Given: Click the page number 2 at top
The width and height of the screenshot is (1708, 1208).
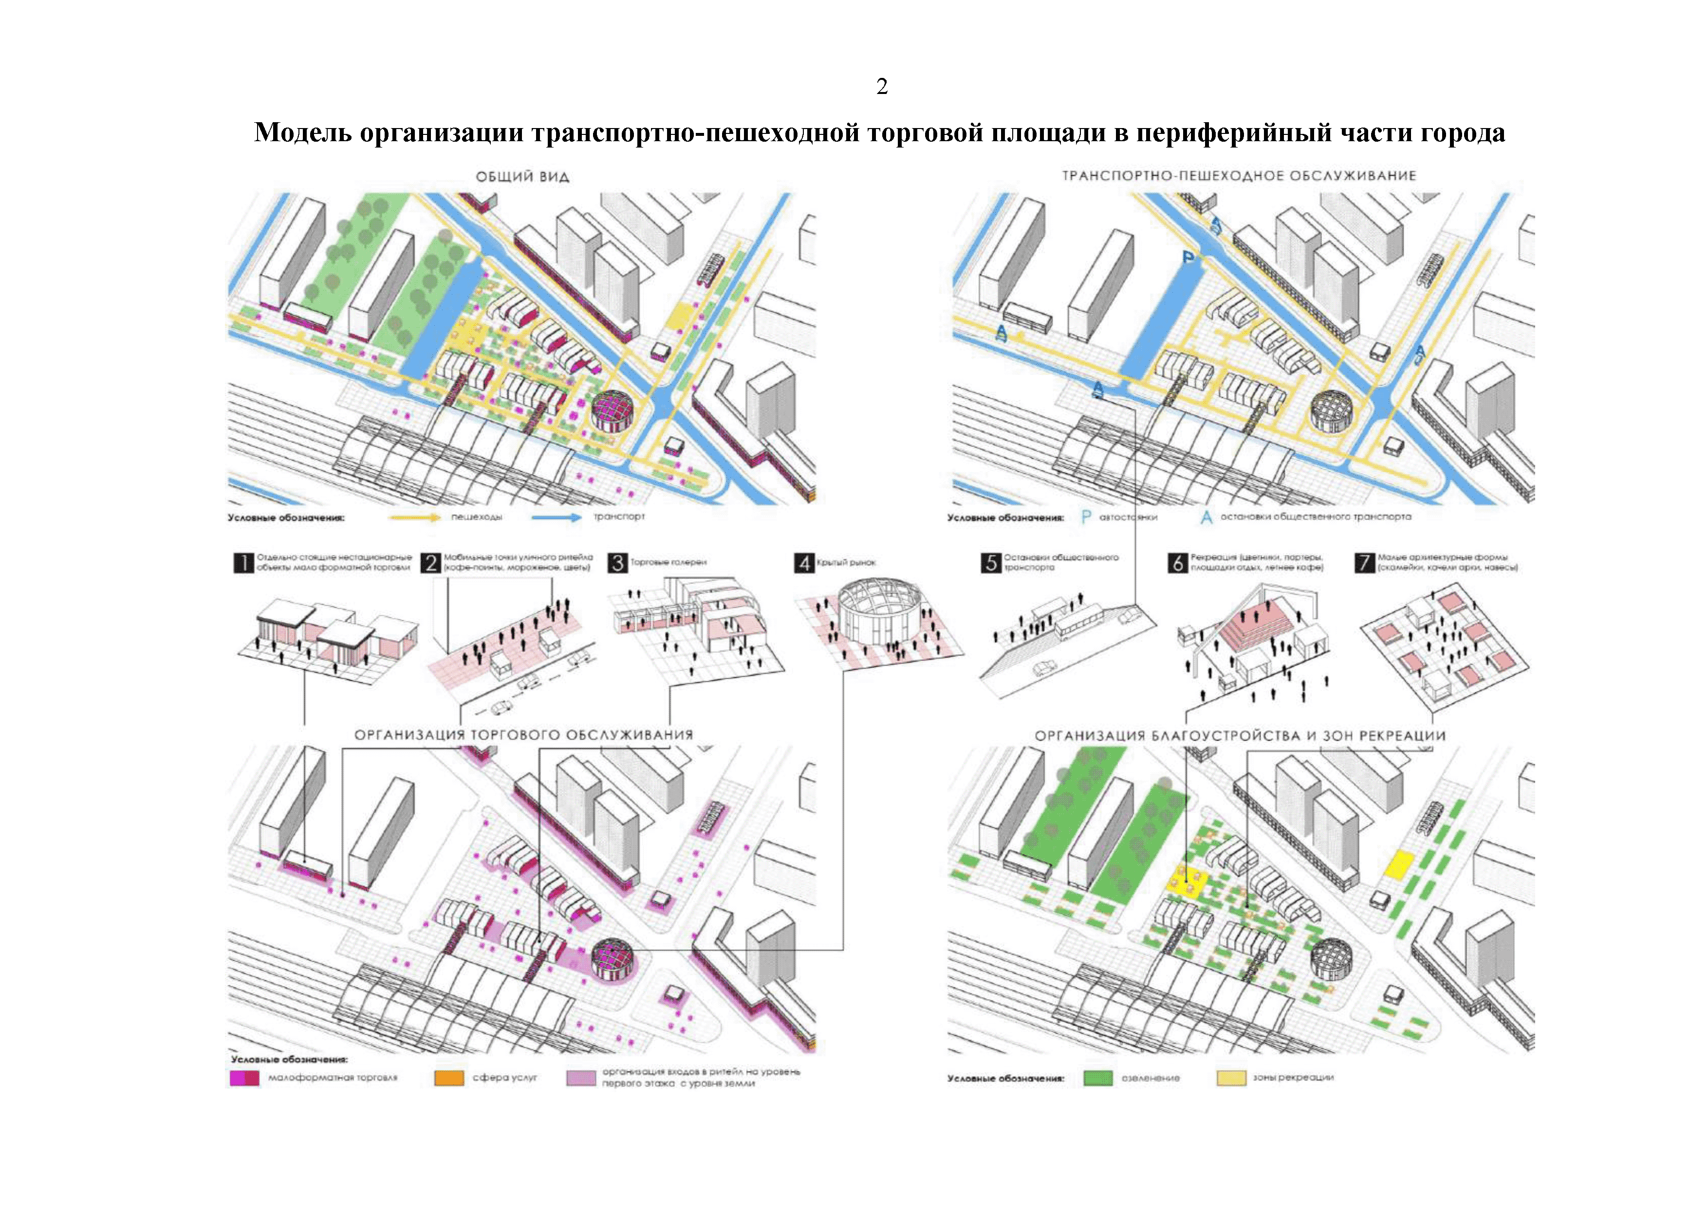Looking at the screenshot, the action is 882,87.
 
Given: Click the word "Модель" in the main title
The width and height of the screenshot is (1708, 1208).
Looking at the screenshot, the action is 303,132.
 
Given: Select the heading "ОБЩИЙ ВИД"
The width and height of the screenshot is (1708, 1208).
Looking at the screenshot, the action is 522,177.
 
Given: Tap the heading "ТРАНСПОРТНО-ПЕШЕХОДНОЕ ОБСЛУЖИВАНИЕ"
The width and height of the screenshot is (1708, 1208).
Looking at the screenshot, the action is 1239,176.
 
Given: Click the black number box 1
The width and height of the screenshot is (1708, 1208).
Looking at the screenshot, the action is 244,563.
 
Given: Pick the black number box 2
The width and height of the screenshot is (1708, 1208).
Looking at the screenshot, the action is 431,563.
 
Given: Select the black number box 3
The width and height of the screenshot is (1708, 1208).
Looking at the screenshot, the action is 617,563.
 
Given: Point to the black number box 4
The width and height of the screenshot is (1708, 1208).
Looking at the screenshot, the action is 804,563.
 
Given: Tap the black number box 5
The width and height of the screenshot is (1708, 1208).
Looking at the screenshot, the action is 991,563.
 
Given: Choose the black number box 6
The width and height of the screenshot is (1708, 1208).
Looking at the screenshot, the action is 1178,563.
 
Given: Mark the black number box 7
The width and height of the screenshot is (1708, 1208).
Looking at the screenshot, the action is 1364,563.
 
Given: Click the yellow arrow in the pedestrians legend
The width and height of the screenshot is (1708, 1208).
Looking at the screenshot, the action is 416,517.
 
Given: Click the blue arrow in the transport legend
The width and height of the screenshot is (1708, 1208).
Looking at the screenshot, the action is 557,517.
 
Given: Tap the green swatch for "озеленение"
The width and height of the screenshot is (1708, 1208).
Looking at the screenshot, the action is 1098,1078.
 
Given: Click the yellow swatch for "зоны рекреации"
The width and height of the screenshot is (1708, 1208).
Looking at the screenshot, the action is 1230,1078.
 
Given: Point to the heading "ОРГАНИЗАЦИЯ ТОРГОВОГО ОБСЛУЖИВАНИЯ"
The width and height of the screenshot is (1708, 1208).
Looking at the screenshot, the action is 524,735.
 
